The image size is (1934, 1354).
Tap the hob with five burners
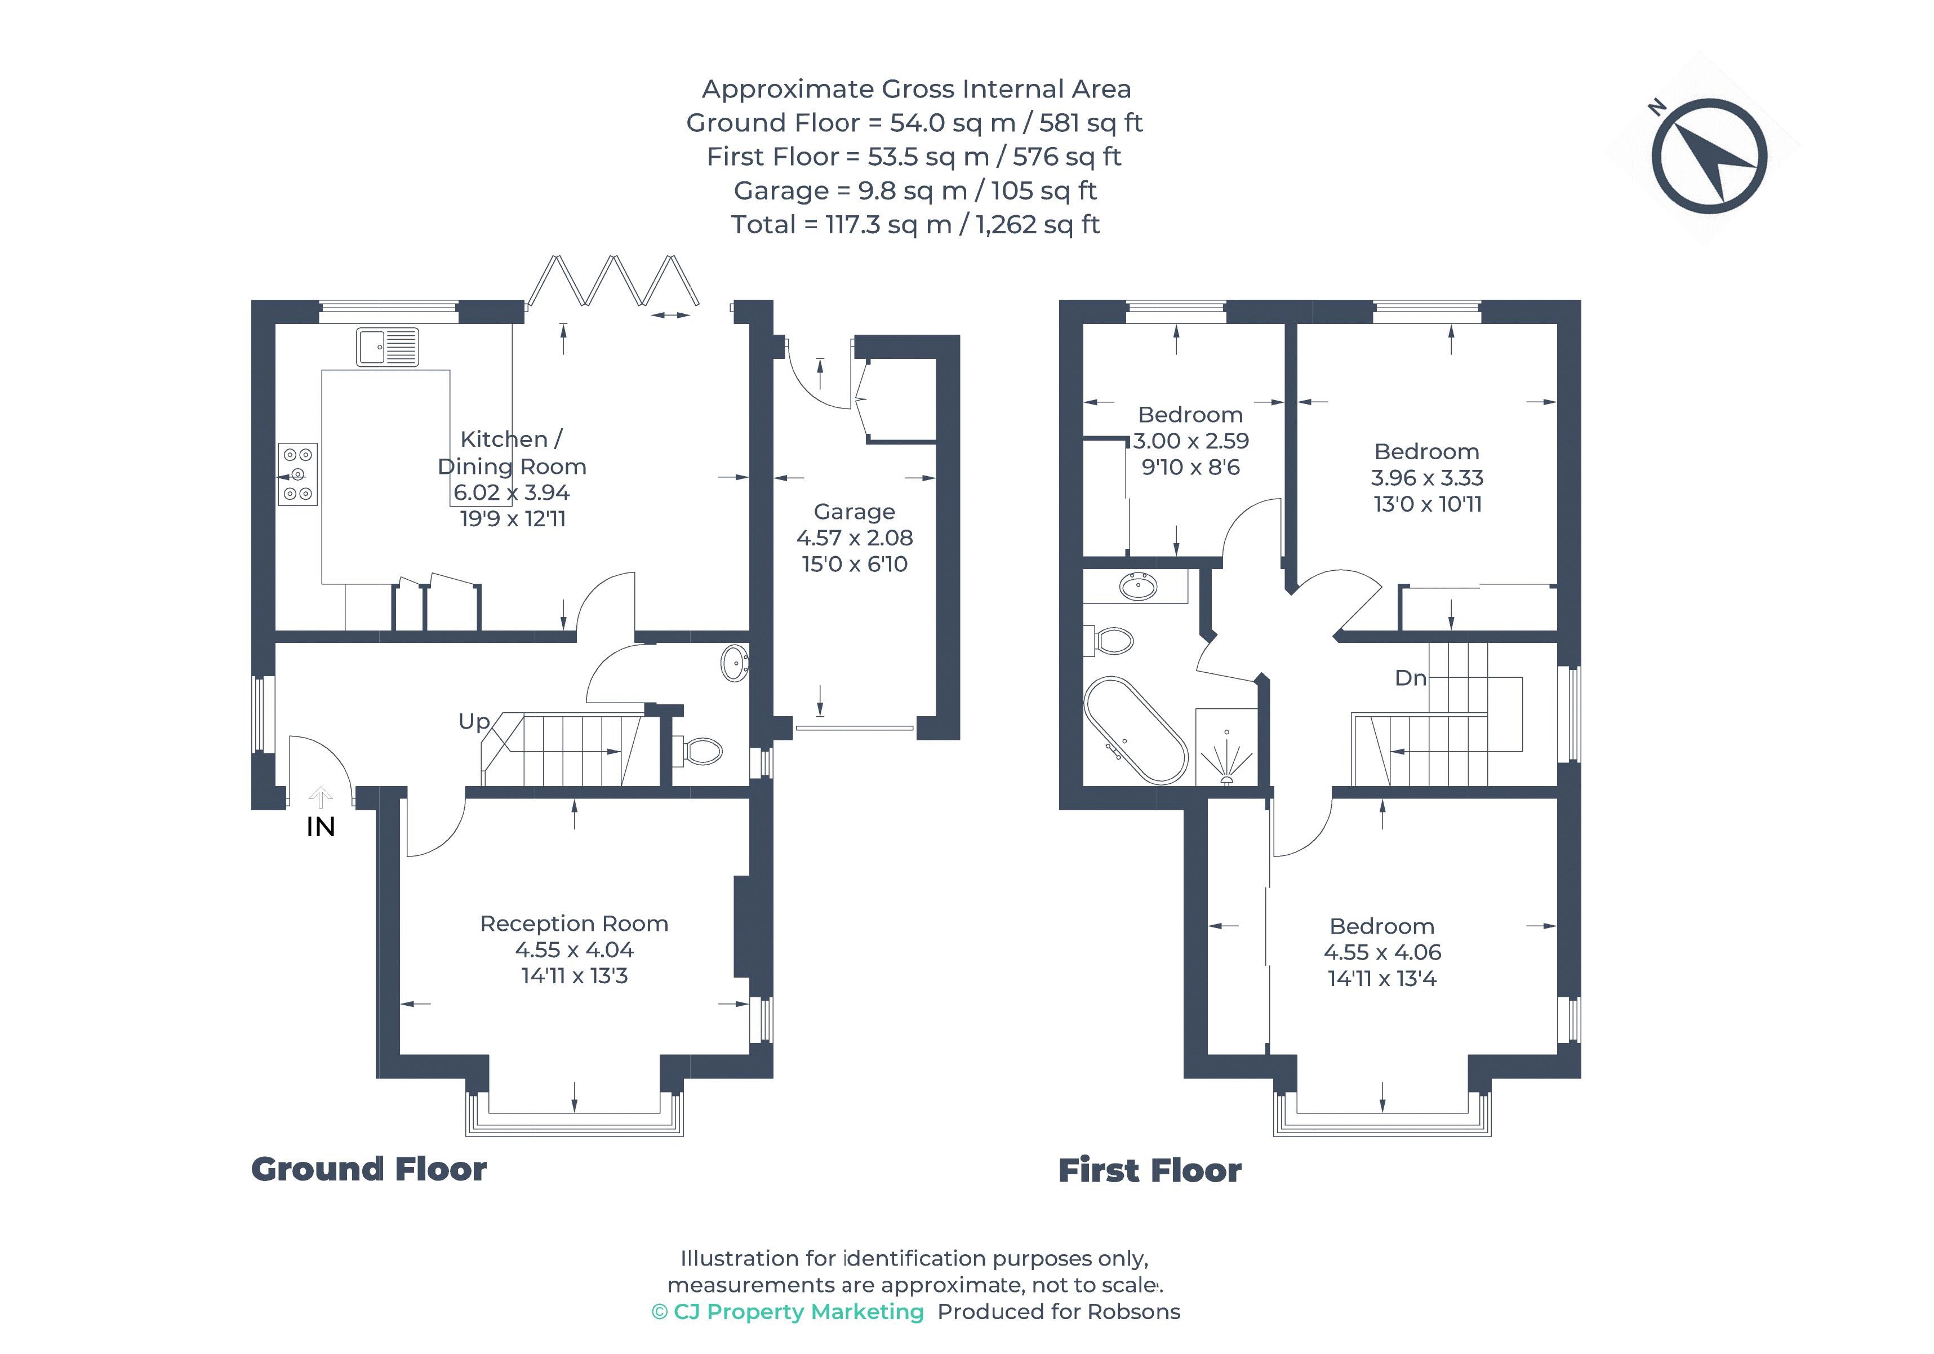[x=297, y=474]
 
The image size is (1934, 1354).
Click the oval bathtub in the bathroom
[x=1136, y=730]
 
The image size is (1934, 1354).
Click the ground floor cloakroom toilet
[x=699, y=751]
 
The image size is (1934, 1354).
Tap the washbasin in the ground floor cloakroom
[x=735, y=663]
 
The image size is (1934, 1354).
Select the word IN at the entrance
[x=320, y=827]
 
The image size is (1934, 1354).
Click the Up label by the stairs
[x=473, y=721]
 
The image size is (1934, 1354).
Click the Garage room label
[x=854, y=512]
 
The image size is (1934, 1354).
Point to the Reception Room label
[x=573, y=924]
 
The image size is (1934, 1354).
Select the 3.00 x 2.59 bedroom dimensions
[x=1190, y=441]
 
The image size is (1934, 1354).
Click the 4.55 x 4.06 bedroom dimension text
[x=1381, y=952]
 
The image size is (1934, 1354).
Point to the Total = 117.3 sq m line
[x=915, y=225]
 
